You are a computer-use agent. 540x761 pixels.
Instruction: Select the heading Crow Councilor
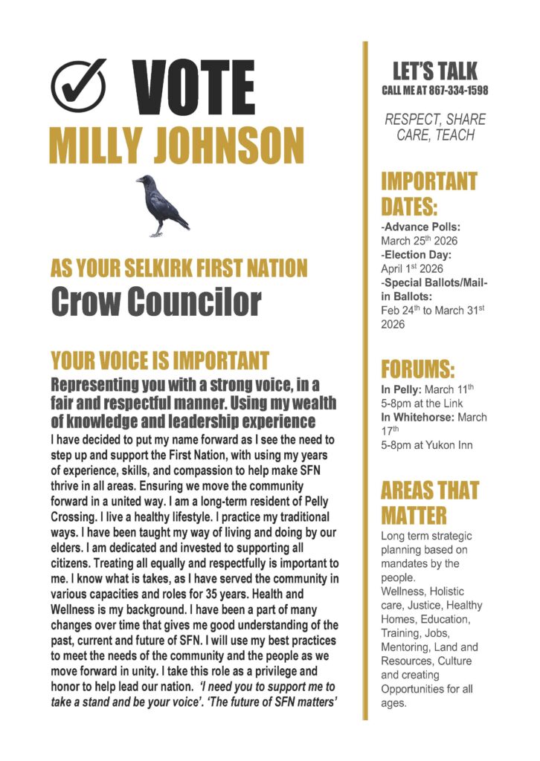[156, 300]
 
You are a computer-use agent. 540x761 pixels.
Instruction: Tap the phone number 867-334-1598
[459, 91]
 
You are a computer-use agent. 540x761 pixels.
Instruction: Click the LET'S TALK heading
[435, 72]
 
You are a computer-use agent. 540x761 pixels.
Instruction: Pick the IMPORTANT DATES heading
[429, 192]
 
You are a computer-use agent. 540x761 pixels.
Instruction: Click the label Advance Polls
[421, 226]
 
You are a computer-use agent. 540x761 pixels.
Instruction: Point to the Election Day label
[419, 255]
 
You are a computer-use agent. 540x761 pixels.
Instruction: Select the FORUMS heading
[417, 369]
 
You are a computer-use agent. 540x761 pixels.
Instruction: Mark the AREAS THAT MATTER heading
[429, 502]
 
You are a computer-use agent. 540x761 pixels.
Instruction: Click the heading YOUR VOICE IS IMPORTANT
[159, 361]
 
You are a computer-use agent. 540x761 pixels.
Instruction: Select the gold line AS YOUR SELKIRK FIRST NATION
[179, 268]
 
